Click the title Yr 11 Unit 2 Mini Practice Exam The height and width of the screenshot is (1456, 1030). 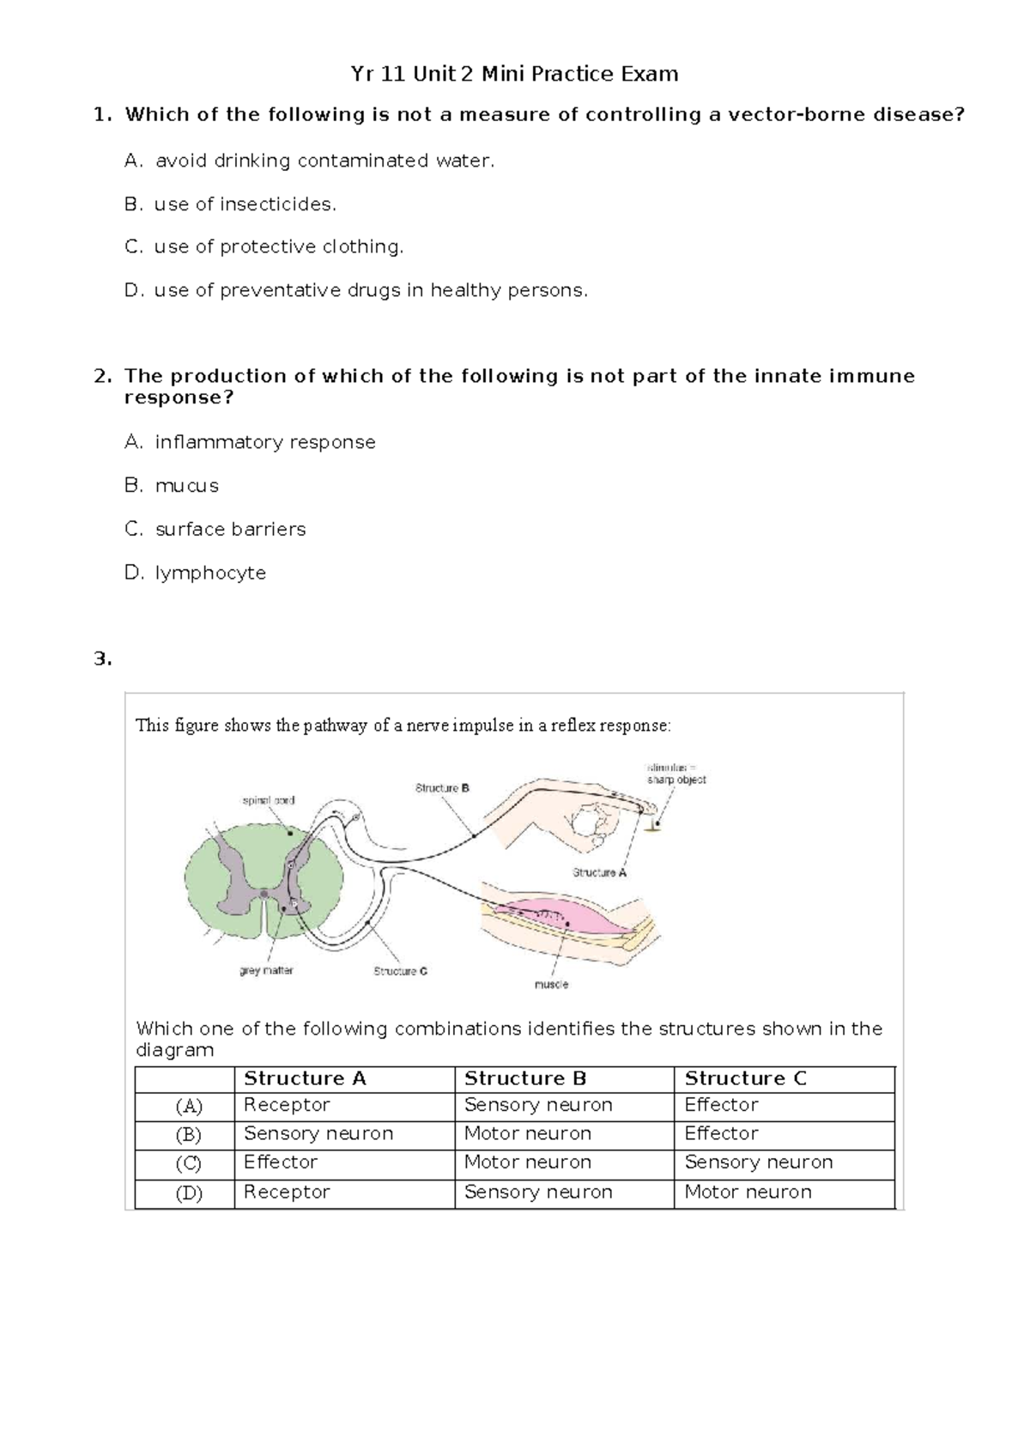click(514, 74)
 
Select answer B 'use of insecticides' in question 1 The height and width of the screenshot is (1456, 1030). click(245, 204)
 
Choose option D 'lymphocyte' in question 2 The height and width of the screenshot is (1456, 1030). click(210, 573)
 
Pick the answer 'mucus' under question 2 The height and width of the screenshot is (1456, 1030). click(186, 486)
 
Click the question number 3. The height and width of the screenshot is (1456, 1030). click(102, 659)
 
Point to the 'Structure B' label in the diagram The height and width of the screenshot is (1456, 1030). click(442, 787)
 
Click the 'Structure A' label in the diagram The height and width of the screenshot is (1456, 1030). click(599, 872)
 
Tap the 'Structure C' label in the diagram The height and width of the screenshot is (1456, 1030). click(400, 971)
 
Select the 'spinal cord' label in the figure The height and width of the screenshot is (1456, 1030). click(269, 800)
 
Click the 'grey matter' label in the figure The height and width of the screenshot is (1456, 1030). click(266, 970)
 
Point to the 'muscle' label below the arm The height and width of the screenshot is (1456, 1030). click(551, 984)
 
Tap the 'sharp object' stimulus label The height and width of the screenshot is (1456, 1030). click(676, 780)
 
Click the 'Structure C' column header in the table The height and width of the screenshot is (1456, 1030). click(745, 1078)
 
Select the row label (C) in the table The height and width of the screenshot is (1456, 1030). click(188, 1163)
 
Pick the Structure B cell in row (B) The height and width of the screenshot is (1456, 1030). click(527, 1133)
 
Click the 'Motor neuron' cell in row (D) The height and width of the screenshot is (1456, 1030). click(748, 1192)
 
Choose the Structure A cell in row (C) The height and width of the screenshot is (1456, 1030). click(281, 1162)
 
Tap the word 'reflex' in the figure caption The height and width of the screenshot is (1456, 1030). click(573, 725)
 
